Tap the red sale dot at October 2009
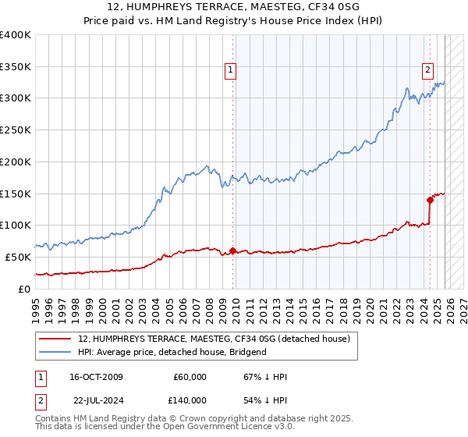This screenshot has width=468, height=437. tap(232, 250)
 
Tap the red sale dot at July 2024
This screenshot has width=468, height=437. tap(430, 200)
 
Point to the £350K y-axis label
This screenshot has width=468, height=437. tap(16, 67)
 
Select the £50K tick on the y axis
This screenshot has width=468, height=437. tap(19, 257)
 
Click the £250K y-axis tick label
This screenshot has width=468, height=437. tap(16, 130)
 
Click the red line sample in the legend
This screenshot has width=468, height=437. tap(55, 339)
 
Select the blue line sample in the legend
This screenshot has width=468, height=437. tap(55, 352)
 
